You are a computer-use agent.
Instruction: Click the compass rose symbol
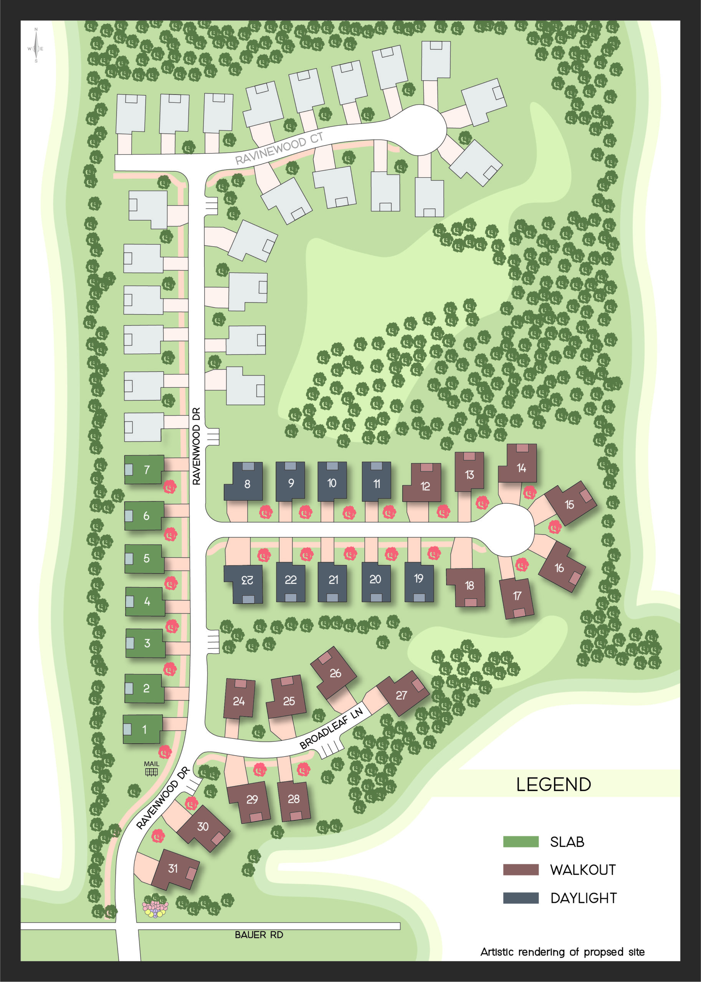pyautogui.click(x=36, y=46)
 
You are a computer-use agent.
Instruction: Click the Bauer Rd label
pyautogui.click(x=259, y=934)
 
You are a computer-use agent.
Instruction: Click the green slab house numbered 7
pyautogui.click(x=144, y=469)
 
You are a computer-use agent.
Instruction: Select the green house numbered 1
pyautogui.click(x=143, y=729)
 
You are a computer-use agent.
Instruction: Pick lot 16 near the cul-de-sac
pyautogui.click(x=561, y=567)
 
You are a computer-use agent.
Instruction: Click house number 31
pyautogui.click(x=175, y=868)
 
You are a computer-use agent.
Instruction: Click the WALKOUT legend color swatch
pyautogui.click(x=521, y=870)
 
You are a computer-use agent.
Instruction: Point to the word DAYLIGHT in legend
pyautogui.click(x=583, y=898)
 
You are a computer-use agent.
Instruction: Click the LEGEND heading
pyautogui.click(x=553, y=784)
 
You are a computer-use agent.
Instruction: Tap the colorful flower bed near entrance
pyautogui.click(x=155, y=909)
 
